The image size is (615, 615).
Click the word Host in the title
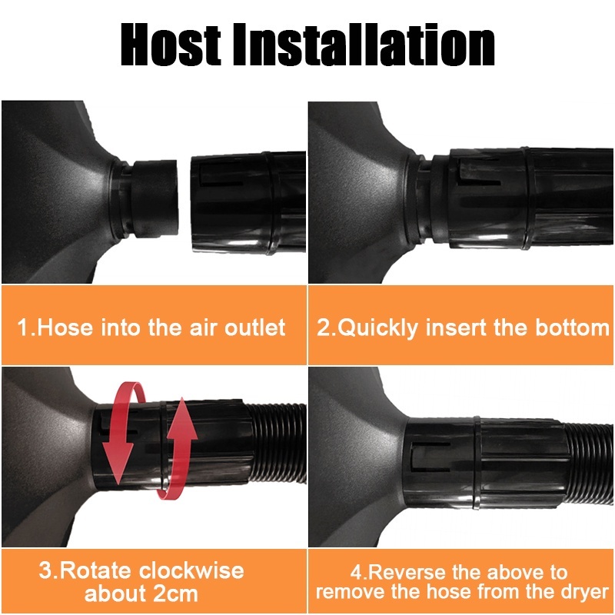(170, 45)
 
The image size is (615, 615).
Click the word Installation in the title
(364, 45)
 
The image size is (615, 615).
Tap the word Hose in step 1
(65, 327)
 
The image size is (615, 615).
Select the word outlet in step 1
(254, 327)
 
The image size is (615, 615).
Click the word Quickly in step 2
(378, 328)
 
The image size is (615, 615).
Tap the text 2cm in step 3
(175, 593)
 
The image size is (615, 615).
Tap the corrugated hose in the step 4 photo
(590, 464)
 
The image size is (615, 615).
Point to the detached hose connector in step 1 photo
(248, 203)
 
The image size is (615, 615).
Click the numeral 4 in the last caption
(356, 572)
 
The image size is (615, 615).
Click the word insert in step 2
(455, 327)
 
